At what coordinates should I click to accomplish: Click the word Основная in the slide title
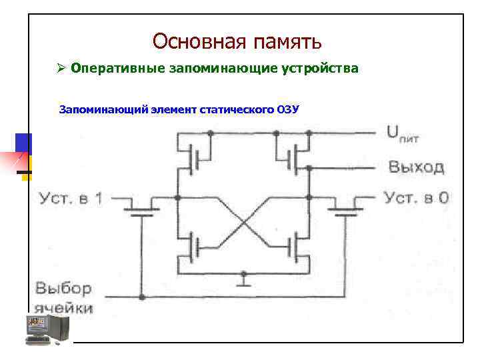click(x=199, y=41)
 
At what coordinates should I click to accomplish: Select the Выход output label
click(x=416, y=166)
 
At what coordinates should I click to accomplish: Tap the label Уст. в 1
click(x=70, y=198)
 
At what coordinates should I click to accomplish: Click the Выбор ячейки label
click(x=63, y=298)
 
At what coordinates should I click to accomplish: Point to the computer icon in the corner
click(x=47, y=329)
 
